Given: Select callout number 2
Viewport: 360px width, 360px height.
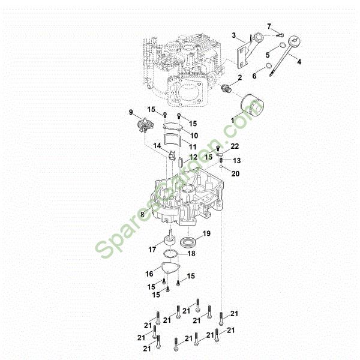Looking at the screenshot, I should tap(240, 78).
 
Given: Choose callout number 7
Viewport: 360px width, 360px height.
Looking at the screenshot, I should tap(269, 26).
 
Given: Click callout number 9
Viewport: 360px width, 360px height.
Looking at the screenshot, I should tap(131, 112).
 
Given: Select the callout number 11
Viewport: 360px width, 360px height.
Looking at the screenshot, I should tap(193, 147).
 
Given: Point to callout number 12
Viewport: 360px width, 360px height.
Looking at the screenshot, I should tap(193, 157).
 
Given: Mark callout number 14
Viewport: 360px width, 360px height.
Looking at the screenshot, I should tap(156, 146).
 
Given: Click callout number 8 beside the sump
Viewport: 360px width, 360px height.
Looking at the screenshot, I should tap(142, 214).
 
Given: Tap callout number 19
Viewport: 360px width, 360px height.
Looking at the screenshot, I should tap(206, 233).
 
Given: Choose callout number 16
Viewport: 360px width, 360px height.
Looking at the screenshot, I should tap(149, 274).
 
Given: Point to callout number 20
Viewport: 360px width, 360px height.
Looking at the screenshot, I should tap(235, 174).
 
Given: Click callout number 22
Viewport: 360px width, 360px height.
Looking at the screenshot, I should tap(235, 146).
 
